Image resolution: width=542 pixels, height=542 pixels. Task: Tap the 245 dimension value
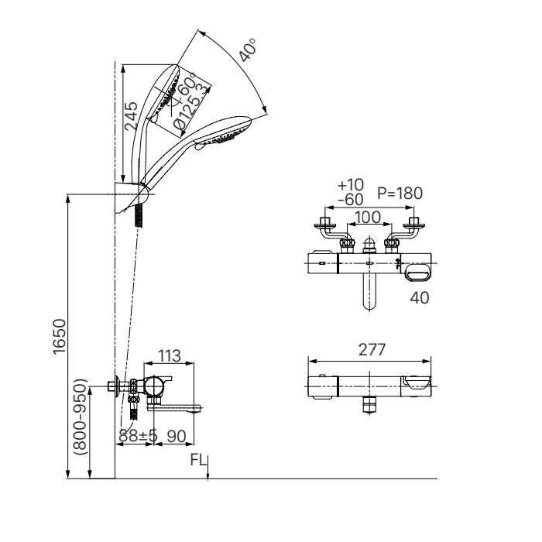click(x=132, y=115)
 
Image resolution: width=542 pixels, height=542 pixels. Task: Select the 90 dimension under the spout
click(x=178, y=437)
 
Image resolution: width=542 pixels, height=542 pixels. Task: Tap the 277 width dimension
click(x=369, y=351)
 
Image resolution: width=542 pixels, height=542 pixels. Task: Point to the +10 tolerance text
click(x=350, y=186)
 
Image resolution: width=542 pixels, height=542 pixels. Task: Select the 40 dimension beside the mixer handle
click(x=420, y=296)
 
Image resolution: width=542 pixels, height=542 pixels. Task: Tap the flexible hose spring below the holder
click(x=139, y=214)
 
